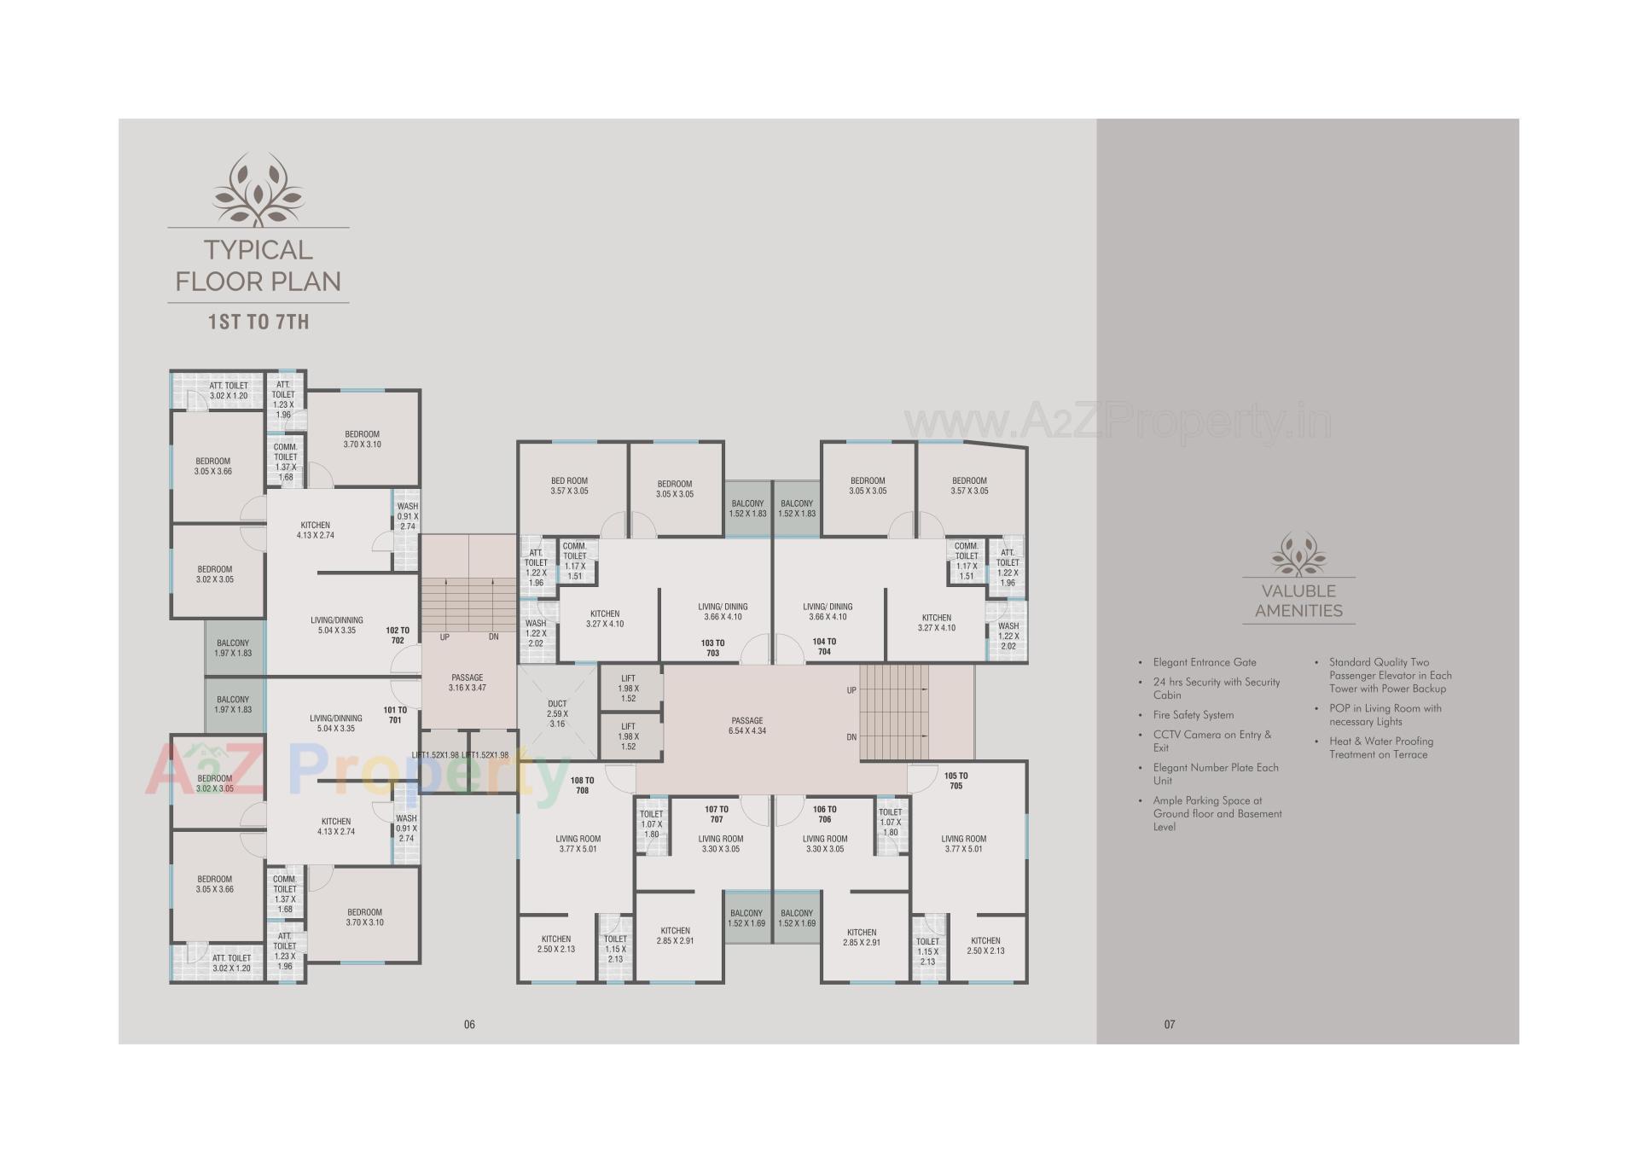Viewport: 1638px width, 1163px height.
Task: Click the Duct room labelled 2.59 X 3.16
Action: point(557,713)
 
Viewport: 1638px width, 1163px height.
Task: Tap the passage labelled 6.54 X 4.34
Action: point(746,726)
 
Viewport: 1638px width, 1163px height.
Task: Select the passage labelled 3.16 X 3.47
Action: point(467,683)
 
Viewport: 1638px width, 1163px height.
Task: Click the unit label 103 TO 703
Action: point(712,648)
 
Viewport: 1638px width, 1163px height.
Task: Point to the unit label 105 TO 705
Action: point(955,781)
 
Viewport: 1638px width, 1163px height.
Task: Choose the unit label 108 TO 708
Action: point(582,785)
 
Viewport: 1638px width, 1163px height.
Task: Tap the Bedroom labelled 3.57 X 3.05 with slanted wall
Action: point(969,486)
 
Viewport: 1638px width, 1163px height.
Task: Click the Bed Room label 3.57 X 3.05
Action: point(569,486)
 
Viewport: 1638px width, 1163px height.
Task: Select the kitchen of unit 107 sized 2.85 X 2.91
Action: point(675,935)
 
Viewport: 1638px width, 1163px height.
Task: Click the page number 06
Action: point(469,1024)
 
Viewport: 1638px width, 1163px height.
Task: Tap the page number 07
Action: point(1170,1024)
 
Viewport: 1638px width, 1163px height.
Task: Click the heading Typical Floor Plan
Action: point(258,265)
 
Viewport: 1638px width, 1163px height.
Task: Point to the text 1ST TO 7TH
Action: point(258,322)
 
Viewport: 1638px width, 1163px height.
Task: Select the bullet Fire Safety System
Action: point(1193,715)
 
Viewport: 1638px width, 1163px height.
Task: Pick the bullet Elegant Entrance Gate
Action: point(1204,662)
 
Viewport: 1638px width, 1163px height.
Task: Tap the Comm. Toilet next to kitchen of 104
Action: point(967,561)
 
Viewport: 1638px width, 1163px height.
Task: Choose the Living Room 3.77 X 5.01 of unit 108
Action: point(578,844)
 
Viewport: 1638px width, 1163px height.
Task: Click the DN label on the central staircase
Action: point(851,736)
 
